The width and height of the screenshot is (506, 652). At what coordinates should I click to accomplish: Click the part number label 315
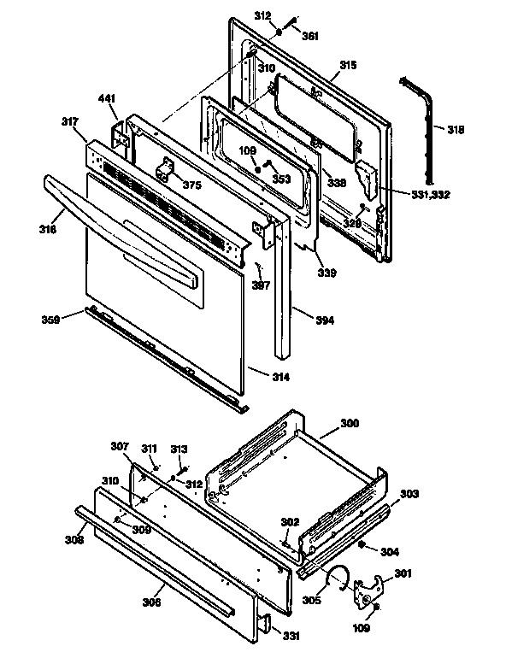(x=348, y=66)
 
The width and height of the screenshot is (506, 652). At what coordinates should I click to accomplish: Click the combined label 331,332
(x=429, y=195)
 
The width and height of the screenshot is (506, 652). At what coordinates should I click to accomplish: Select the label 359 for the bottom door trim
(x=51, y=320)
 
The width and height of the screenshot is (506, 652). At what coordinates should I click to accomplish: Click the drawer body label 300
(x=350, y=423)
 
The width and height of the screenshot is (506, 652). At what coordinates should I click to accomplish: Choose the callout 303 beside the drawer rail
(x=410, y=494)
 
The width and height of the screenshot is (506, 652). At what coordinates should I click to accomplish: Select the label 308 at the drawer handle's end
(x=74, y=539)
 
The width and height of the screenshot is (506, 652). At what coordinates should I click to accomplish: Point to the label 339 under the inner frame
(x=327, y=273)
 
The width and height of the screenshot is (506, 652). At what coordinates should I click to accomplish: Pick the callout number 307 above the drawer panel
(x=120, y=445)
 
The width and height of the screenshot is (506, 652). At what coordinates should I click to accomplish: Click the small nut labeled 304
(x=363, y=544)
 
